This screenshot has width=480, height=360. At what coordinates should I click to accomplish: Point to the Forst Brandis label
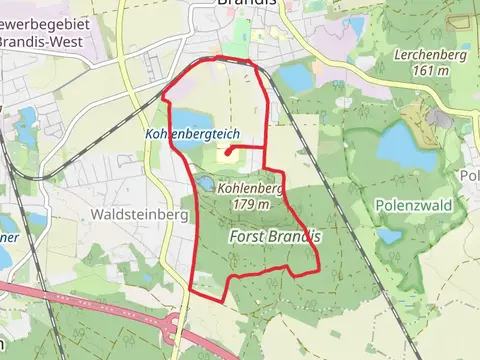[x=274, y=237]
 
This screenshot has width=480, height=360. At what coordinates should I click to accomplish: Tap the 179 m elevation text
[x=251, y=203]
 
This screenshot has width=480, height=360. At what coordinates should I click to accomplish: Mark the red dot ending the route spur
[x=229, y=153]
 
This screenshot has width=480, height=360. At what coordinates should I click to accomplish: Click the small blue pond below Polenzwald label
[x=389, y=235]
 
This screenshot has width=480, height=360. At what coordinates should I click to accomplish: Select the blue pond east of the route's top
[x=296, y=77]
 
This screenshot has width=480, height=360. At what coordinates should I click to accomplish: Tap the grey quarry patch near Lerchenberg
[x=439, y=118]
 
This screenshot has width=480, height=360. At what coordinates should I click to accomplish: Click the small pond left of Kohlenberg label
[x=204, y=184]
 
